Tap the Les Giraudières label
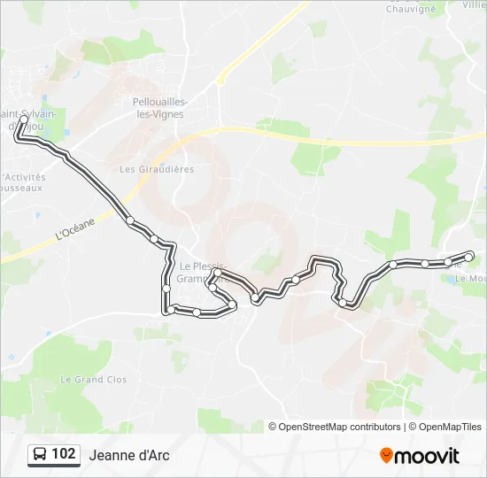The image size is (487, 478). coord(157,169)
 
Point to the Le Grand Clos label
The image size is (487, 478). coord(93,380)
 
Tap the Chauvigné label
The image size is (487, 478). coord(410,9)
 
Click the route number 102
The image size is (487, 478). coord(63,454)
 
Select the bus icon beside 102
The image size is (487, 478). coord(40,455)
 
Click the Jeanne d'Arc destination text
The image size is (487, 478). coord(129,455)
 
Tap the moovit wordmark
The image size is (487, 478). coord(427,456)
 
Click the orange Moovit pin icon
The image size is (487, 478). coord(386,455)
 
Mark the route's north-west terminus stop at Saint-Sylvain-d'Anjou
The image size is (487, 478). coord(24,119)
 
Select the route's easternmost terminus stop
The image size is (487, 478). coord(469,257)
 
